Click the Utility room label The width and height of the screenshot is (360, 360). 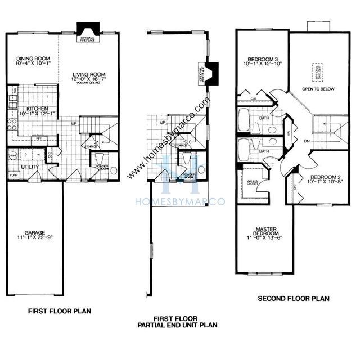29,167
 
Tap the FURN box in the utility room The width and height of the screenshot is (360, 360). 14,175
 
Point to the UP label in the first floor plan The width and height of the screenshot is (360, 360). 74,124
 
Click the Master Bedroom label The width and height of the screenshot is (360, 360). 263,232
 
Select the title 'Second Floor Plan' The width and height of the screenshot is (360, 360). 294,299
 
